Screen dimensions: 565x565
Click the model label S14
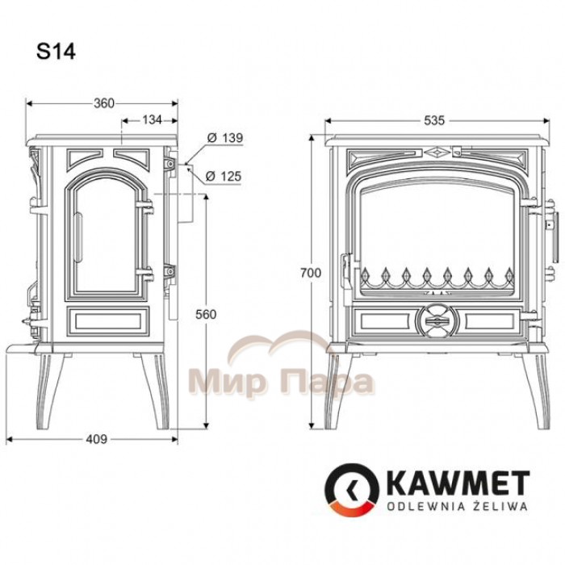tap(56, 52)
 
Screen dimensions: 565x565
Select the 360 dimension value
tap(104, 103)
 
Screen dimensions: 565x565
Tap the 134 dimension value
tap(152, 119)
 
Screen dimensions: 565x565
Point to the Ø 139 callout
tap(225, 138)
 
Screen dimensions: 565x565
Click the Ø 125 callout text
tap(224, 176)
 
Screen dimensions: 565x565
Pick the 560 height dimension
tap(206, 314)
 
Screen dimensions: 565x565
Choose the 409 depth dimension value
tap(97, 439)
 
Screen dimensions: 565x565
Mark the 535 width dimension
tap(434, 120)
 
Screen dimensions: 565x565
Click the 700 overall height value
tap(310, 273)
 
